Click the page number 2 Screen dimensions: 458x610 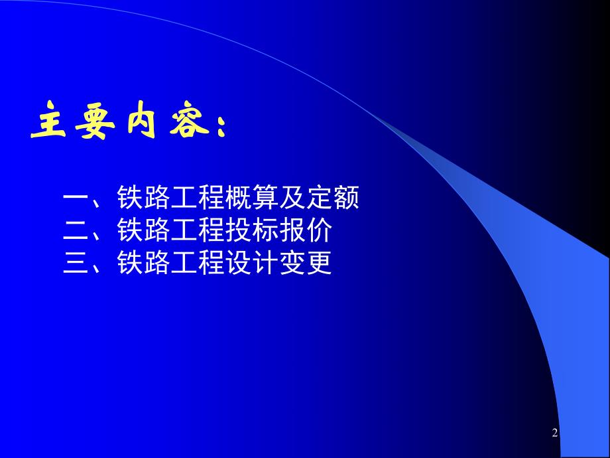(x=555, y=433)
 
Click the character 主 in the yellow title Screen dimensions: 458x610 (x=49, y=122)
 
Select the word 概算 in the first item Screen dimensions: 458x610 (x=267, y=198)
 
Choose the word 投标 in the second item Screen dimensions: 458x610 (x=267, y=232)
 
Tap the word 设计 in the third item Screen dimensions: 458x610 (x=267, y=264)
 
